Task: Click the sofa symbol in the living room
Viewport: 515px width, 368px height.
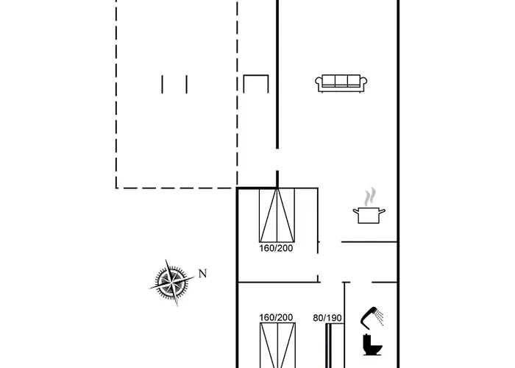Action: (x=341, y=83)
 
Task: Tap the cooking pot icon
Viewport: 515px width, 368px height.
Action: (x=369, y=215)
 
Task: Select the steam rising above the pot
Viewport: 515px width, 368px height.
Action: (x=370, y=197)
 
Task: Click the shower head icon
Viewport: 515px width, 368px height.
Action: (x=372, y=318)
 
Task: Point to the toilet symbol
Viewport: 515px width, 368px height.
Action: (x=372, y=344)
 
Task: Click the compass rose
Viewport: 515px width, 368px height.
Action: (x=171, y=283)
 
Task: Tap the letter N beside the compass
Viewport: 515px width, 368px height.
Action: (x=202, y=273)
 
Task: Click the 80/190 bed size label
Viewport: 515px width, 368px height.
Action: (x=327, y=318)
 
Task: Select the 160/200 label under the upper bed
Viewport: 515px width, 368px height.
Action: (x=276, y=248)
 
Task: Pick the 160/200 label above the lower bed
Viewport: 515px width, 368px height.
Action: (x=276, y=317)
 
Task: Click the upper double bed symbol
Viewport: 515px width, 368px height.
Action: (x=277, y=215)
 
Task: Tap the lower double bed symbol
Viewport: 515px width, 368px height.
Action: (x=277, y=345)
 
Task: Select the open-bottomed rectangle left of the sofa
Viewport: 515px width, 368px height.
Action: (x=256, y=76)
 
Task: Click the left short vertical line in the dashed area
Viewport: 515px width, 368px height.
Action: (x=162, y=84)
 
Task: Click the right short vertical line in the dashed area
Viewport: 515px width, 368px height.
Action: (x=187, y=84)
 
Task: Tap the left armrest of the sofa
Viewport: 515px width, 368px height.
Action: (x=319, y=84)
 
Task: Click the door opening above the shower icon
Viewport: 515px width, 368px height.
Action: (x=361, y=282)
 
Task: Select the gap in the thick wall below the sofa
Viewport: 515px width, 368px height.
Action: (x=277, y=160)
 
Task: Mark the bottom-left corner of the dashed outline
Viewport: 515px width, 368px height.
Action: (x=116, y=188)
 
